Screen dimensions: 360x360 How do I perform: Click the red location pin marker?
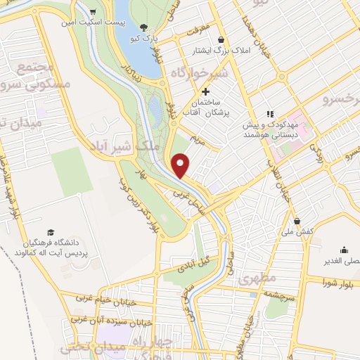point(181,166)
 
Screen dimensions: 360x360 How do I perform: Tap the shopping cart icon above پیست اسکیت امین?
point(94,12)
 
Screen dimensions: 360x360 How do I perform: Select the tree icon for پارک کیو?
point(144,27)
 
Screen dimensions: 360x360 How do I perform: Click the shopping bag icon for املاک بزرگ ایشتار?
point(222,40)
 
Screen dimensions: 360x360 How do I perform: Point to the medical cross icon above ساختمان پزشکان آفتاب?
point(205,92)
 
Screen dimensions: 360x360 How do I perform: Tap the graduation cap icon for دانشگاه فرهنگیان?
point(50,232)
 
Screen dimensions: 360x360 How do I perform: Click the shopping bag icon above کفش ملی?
point(298,221)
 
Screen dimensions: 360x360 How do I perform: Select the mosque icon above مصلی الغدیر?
point(344,250)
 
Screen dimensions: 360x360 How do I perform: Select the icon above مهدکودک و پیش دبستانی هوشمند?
point(269,114)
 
